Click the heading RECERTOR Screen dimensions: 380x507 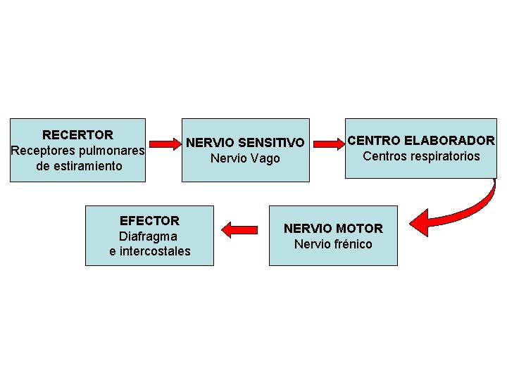pyautogui.click(x=77, y=134)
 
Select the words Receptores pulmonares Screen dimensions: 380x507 pyautogui.click(x=77, y=151)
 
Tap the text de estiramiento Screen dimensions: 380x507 pyautogui.click(x=78, y=166)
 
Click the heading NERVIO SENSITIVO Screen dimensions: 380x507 pyautogui.click(x=245, y=143)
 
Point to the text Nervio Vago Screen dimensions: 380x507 pyautogui.click(x=245, y=159)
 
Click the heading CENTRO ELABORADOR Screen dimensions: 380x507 pyautogui.click(x=421, y=141)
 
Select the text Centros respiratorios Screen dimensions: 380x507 pyautogui.click(x=421, y=156)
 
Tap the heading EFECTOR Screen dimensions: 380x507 pyautogui.click(x=150, y=220)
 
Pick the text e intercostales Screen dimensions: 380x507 pyautogui.click(x=150, y=251)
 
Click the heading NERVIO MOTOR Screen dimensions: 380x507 pyautogui.click(x=333, y=229)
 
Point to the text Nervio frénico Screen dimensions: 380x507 pyautogui.click(x=333, y=244)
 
